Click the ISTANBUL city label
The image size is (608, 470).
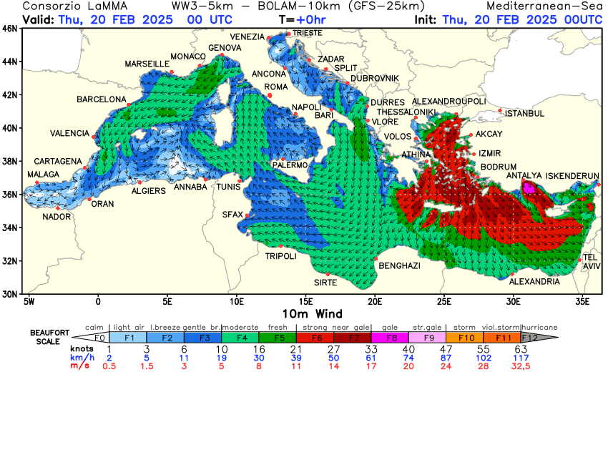525,114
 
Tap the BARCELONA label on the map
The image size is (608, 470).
102,99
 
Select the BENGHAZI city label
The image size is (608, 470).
399,266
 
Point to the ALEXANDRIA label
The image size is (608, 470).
534,282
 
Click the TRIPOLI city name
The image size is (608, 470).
280,256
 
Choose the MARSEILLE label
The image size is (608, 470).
147,64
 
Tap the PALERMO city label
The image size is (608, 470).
290,165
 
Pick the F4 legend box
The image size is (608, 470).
240,338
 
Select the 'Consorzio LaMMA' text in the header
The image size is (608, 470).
68,6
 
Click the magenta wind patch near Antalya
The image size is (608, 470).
529,188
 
